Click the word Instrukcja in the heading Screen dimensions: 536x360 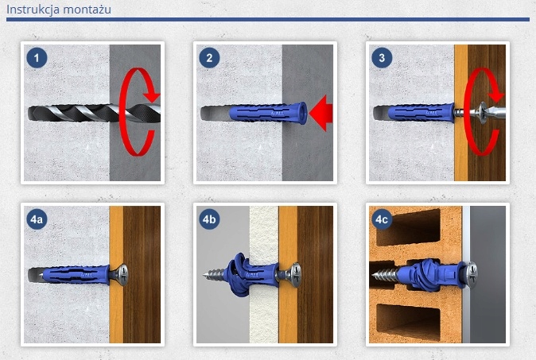pos(33,10)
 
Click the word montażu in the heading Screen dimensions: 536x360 pos(87,10)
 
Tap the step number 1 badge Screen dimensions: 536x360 pos(37,58)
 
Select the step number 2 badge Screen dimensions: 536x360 pos(209,58)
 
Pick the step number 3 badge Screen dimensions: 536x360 pos(382,58)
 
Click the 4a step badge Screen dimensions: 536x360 pos(37,219)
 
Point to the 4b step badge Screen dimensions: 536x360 pos(209,219)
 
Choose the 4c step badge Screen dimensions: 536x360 pos(382,219)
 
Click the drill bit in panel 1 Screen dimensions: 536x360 pos(94,113)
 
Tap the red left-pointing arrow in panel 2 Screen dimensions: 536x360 pos(320,113)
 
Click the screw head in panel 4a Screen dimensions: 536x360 pos(122,275)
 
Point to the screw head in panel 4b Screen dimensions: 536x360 pos(294,275)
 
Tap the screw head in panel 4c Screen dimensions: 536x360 pos(472,273)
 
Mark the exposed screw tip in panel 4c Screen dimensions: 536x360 pos(385,275)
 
